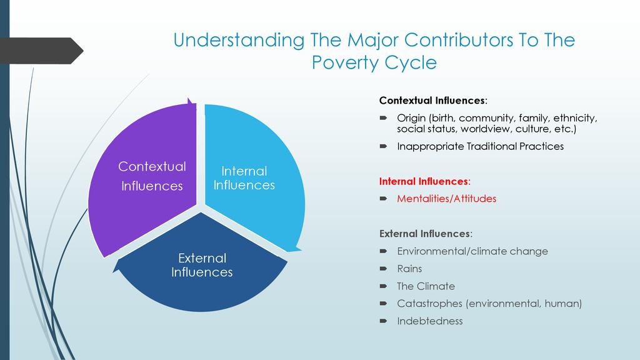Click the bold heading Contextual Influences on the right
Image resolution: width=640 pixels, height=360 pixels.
point(433,101)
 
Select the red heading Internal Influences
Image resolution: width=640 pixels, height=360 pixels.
point(424,181)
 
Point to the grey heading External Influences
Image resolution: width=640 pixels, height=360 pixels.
point(426,234)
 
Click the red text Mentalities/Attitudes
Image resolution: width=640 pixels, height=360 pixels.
point(446,199)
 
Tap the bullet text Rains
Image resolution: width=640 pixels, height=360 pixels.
point(409,269)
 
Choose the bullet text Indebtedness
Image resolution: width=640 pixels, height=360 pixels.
point(430,321)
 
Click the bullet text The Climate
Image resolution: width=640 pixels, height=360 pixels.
point(426,286)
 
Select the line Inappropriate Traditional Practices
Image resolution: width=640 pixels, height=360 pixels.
point(480,146)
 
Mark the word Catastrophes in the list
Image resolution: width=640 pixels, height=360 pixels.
point(429,304)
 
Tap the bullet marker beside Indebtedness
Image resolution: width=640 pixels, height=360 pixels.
point(383,321)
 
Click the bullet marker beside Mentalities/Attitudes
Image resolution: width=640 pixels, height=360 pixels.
point(383,199)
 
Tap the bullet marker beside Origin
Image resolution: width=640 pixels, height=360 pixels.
point(383,118)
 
